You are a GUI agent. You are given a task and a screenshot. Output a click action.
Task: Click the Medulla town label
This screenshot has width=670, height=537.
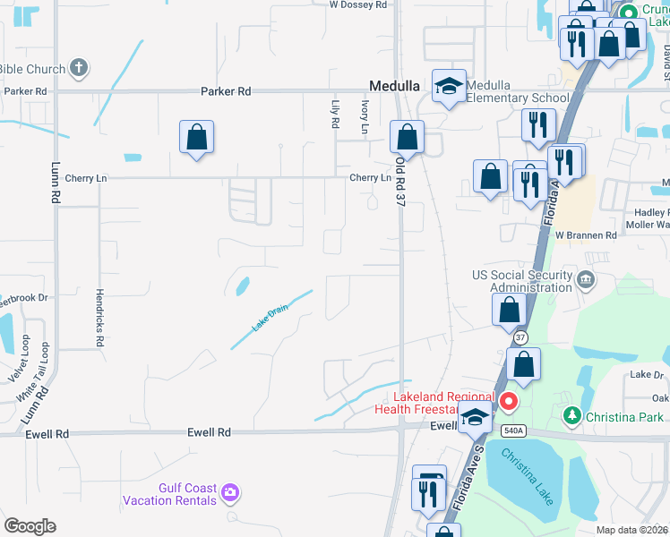click(x=395, y=85)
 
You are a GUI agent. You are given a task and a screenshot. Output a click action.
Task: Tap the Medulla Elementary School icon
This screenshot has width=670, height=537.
click(x=449, y=85)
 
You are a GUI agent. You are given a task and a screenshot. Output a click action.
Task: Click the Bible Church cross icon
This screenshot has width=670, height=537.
click(x=79, y=67)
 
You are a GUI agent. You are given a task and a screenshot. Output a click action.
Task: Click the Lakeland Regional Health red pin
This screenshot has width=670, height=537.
click(x=509, y=402)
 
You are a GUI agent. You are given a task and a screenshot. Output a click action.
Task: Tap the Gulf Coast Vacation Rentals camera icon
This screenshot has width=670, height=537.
click(x=231, y=491)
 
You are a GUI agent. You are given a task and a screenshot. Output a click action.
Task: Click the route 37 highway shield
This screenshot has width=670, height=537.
click(x=520, y=337)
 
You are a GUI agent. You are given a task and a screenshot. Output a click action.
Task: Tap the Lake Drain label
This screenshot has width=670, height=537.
click(x=269, y=318)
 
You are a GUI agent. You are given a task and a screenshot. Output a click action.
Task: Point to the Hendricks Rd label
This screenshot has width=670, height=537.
click(x=100, y=318)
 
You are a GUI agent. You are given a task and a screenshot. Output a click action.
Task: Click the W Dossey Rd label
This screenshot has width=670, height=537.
click(x=358, y=4)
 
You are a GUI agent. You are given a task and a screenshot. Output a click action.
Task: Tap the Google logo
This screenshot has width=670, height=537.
click(x=30, y=526)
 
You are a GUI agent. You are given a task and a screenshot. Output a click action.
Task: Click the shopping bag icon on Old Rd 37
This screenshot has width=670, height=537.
click(x=407, y=137)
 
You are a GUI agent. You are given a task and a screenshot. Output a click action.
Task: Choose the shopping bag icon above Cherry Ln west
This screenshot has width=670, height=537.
click(x=196, y=137)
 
